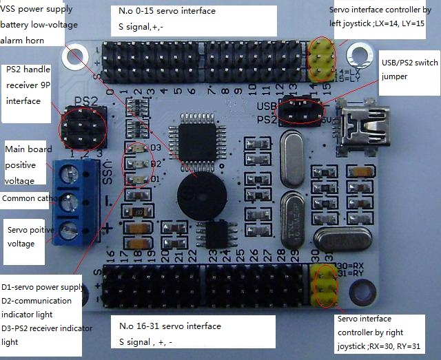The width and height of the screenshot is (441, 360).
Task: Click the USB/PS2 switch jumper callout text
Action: [409, 69]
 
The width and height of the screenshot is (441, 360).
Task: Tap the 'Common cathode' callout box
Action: [35, 198]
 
